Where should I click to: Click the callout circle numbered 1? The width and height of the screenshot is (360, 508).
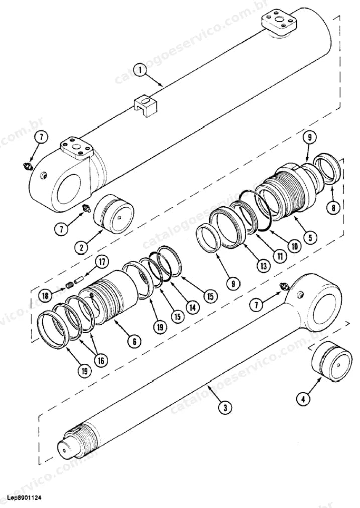point(140,70)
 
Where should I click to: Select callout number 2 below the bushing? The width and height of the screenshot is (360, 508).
point(81,248)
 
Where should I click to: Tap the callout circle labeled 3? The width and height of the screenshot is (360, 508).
point(225,407)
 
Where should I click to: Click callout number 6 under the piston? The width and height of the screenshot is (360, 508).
point(134,340)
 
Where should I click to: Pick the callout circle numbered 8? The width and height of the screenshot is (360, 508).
point(333,208)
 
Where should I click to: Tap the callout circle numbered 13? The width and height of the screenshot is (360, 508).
point(263,266)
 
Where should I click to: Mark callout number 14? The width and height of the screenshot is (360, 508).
point(193,307)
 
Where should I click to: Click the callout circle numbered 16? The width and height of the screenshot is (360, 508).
point(101,360)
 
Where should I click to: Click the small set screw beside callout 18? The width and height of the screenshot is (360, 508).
point(69,285)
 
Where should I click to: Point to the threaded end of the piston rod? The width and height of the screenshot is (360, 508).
point(85,435)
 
